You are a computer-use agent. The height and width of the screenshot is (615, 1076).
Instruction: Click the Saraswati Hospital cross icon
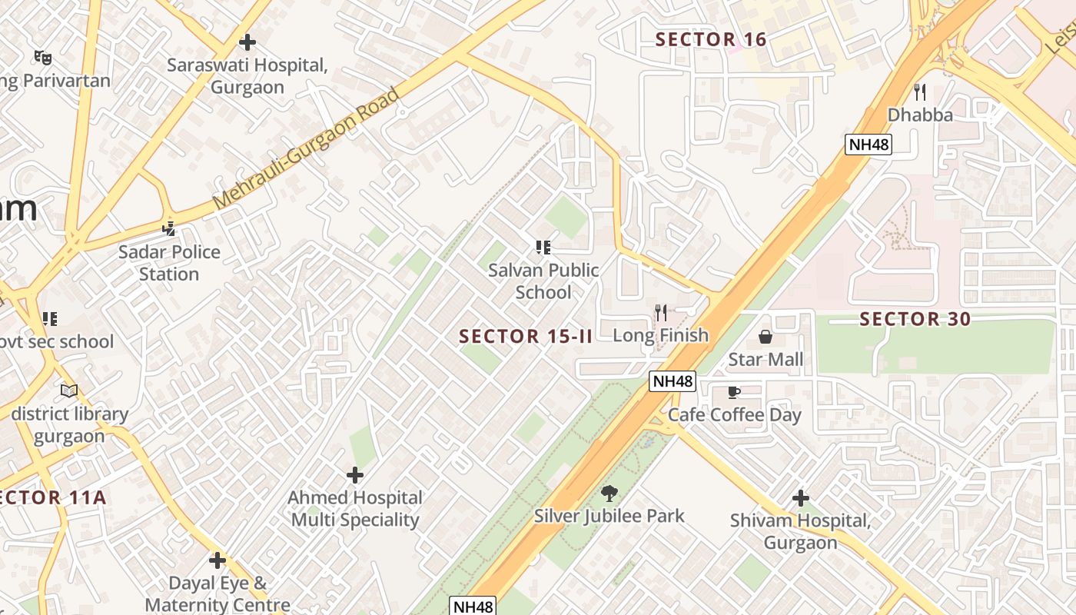click(247, 42)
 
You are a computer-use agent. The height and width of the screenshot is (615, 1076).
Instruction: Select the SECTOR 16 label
click(711, 39)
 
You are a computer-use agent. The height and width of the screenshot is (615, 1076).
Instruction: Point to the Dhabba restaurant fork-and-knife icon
click(919, 92)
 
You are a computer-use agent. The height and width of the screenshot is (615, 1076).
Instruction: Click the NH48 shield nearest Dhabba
click(868, 145)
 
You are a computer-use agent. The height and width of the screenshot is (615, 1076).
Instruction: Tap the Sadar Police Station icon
click(169, 228)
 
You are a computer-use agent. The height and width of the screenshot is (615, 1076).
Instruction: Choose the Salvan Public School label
click(543, 281)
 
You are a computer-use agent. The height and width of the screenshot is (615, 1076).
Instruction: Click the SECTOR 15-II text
click(526, 336)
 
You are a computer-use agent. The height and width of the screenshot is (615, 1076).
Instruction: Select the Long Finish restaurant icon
click(660, 312)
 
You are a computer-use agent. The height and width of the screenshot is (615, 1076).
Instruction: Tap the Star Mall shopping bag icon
click(765, 337)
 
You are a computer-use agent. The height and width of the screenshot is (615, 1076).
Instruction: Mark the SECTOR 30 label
click(915, 319)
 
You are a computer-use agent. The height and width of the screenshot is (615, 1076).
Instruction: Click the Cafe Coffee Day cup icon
click(734, 393)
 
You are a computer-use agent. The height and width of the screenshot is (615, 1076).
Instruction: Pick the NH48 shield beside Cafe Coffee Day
click(672, 381)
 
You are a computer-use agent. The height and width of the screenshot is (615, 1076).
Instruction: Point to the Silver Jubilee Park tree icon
click(609, 493)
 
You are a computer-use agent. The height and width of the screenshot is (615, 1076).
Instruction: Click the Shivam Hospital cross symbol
click(800, 498)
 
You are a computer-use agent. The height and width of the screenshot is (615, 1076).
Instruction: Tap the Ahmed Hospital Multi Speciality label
click(355, 509)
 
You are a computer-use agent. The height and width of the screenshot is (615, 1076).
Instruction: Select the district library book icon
click(69, 391)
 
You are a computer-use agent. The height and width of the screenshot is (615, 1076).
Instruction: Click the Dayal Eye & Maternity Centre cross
click(218, 560)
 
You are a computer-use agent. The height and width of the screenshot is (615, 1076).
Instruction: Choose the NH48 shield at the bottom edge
click(473, 606)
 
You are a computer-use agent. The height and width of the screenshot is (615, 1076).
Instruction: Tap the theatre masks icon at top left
click(43, 57)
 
